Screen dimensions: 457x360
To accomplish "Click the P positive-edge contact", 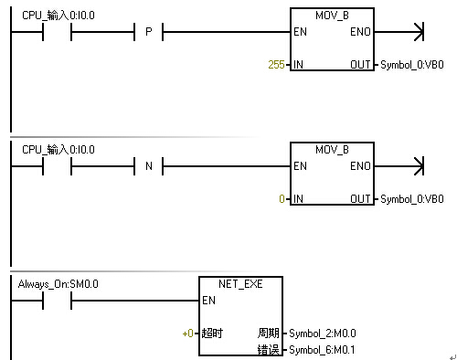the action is [x=149, y=32].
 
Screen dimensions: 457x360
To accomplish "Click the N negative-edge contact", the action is [x=149, y=166].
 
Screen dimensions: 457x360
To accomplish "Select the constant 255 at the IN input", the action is [x=276, y=65].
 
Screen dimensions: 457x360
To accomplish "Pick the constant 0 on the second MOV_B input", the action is [x=282, y=199].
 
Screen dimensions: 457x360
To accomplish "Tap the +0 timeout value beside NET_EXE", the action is [x=188, y=334].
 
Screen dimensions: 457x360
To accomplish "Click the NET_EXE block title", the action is [x=240, y=284].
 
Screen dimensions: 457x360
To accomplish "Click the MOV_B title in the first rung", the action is [x=332, y=16].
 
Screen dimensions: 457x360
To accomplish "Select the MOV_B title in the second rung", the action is [x=332, y=150].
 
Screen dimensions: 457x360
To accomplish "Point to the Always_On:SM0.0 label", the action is [x=58, y=284].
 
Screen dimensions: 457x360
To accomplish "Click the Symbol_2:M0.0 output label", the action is [x=323, y=334].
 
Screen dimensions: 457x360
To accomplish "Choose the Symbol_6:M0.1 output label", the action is [x=322, y=350].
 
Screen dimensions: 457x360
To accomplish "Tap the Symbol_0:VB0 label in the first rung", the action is [x=412, y=65].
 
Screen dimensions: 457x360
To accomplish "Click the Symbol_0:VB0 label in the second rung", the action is [x=412, y=199].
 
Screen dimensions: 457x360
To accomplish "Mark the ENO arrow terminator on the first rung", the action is [x=419, y=32].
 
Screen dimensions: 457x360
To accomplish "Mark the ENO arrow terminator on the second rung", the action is [x=419, y=166].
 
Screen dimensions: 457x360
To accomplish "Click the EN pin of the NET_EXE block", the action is [x=208, y=301].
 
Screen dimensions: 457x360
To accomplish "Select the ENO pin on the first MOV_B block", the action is [x=360, y=32].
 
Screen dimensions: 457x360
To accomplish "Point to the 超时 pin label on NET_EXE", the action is [x=212, y=334].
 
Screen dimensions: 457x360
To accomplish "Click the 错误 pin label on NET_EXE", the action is [x=269, y=350].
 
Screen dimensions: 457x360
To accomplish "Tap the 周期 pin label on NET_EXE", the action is [x=269, y=333].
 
